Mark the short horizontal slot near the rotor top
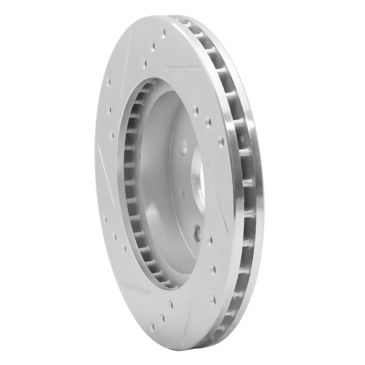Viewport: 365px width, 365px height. click(182, 69)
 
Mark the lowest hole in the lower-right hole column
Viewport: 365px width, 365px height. click(213, 299)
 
